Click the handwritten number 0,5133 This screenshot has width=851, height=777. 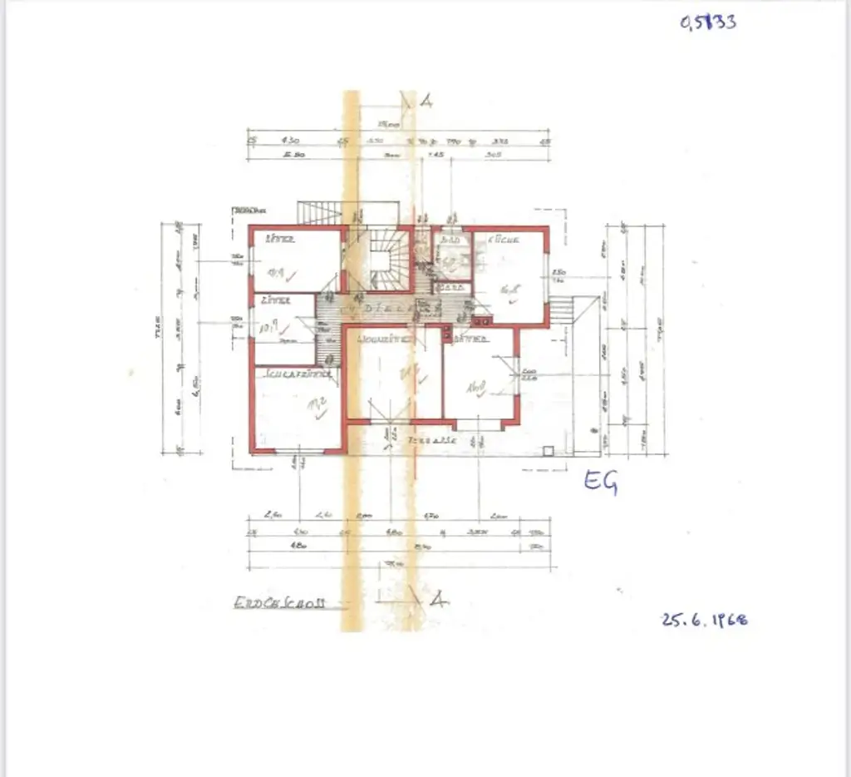click(x=708, y=22)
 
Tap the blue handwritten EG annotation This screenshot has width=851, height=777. click(x=600, y=482)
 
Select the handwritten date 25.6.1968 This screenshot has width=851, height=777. click(x=703, y=620)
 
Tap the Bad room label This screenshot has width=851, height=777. click(x=450, y=240)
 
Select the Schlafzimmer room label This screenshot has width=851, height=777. click(x=298, y=374)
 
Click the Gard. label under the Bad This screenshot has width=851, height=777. click(x=452, y=289)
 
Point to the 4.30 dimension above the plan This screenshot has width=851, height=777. click(x=293, y=140)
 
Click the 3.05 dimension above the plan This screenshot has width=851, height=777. click(x=493, y=154)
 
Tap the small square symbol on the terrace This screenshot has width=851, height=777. click(x=548, y=450)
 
